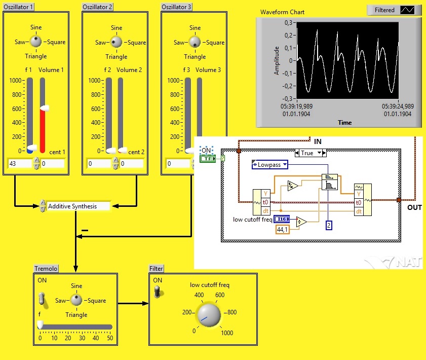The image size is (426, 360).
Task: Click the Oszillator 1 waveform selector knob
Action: (x=35, y=42)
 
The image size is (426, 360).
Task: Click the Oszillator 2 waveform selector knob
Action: (x=116, y=42)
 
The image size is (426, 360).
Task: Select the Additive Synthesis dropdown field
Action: (x=78, y=206)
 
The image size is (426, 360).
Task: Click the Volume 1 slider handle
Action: (x=45, y=107)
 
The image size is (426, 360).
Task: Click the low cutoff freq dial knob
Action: (x=208, y=314)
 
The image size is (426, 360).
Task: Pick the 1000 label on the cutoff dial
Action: (x=226, y=333)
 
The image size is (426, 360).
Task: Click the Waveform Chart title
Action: (x=282, y=12)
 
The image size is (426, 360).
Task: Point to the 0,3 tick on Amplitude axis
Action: (x=288, y=23)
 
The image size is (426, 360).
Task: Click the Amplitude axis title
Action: (x=277, y=61)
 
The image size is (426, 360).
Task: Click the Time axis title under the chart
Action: (x=344, y=122)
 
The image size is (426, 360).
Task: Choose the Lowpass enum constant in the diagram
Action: (x=270, y=165)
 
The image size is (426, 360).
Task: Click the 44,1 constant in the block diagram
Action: (x=282, y=230)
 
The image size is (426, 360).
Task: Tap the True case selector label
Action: (x=307, y=153)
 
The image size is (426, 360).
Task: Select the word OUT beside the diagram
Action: (x=414, y=207)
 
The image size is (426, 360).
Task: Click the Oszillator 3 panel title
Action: (x=176, y=7)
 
